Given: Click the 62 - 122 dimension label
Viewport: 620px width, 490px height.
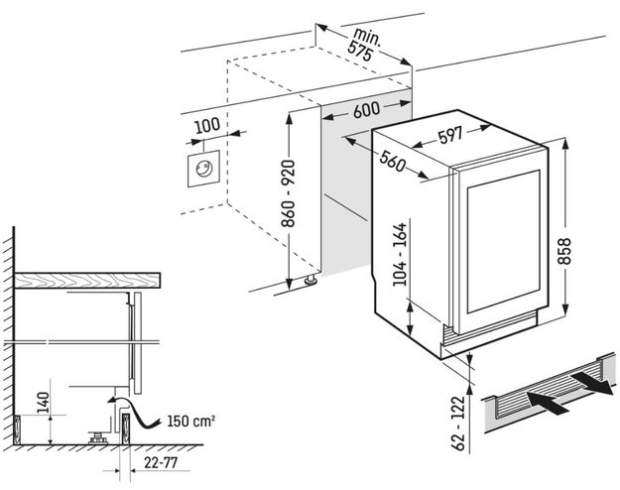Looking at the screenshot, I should [458, 425].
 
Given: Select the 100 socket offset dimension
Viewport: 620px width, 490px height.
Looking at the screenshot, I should [206, 126].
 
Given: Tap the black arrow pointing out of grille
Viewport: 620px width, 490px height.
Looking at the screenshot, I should [593, 380].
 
